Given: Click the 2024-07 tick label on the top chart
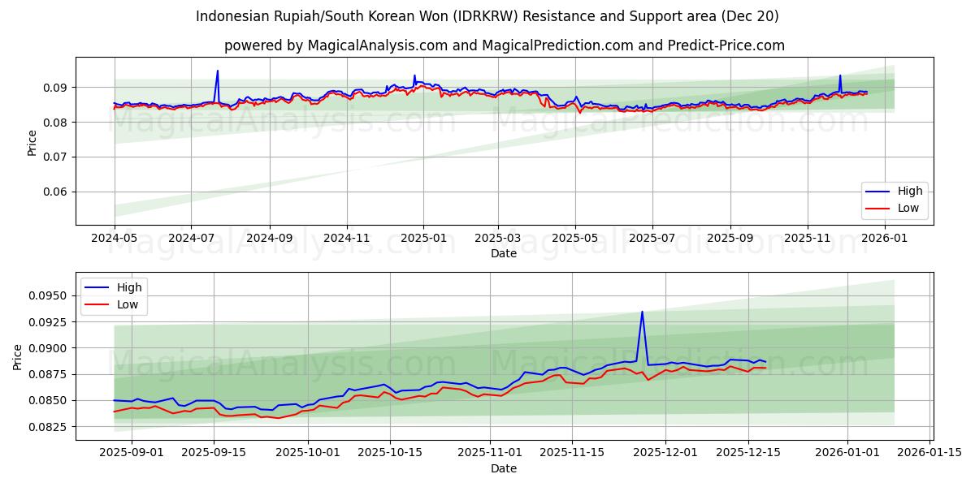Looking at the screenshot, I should point(191,239).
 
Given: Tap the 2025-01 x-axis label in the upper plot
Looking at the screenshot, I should point(423,239).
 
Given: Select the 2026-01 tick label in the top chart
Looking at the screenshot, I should point(884,239).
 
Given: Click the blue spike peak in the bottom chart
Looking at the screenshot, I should point(642,312).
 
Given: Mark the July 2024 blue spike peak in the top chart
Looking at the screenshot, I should point(217,71).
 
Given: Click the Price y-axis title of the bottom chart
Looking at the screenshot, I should point(18,356).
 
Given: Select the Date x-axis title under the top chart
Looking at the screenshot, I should point(504,253).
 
